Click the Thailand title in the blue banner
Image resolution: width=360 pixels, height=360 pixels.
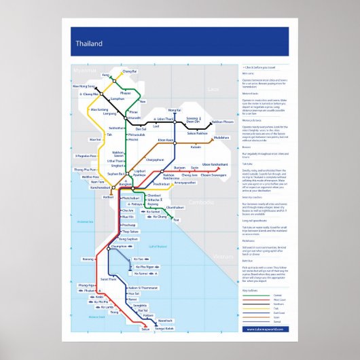point(89,45)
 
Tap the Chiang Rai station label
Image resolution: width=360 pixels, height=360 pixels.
point(130,71)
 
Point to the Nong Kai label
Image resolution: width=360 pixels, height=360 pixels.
point(175,110)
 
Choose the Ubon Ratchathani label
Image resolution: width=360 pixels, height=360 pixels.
point(215,164)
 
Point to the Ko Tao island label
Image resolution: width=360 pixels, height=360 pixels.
point(140,259)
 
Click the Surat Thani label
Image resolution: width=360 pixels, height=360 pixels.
point(118,279)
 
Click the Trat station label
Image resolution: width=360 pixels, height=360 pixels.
point(176,220)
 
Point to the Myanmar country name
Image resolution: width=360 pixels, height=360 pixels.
point(87,69)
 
